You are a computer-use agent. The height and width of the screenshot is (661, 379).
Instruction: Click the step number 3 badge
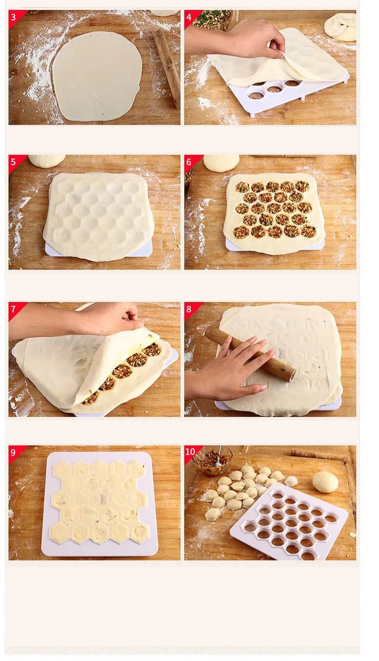14,17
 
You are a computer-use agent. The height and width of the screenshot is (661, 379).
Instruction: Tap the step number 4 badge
190,17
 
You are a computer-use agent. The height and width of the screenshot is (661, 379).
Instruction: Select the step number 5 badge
14,162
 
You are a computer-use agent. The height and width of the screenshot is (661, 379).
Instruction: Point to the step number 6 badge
190,162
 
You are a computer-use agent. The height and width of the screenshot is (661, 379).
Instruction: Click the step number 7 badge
14,309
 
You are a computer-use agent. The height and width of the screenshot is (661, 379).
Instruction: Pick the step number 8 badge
190,309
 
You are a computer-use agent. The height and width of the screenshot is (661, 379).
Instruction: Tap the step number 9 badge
14,452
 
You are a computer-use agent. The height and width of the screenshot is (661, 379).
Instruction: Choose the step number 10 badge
190,452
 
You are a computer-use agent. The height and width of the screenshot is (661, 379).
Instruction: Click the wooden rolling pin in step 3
167,68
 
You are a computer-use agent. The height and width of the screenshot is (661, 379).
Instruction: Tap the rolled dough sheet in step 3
97,76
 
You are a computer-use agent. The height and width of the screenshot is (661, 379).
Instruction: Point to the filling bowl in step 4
212,19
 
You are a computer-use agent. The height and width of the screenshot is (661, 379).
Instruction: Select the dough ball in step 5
46,161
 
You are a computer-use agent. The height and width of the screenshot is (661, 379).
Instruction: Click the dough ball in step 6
222,163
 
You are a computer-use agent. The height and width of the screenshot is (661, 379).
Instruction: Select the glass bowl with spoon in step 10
213,460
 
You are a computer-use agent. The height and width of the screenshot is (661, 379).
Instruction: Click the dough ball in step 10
325,482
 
